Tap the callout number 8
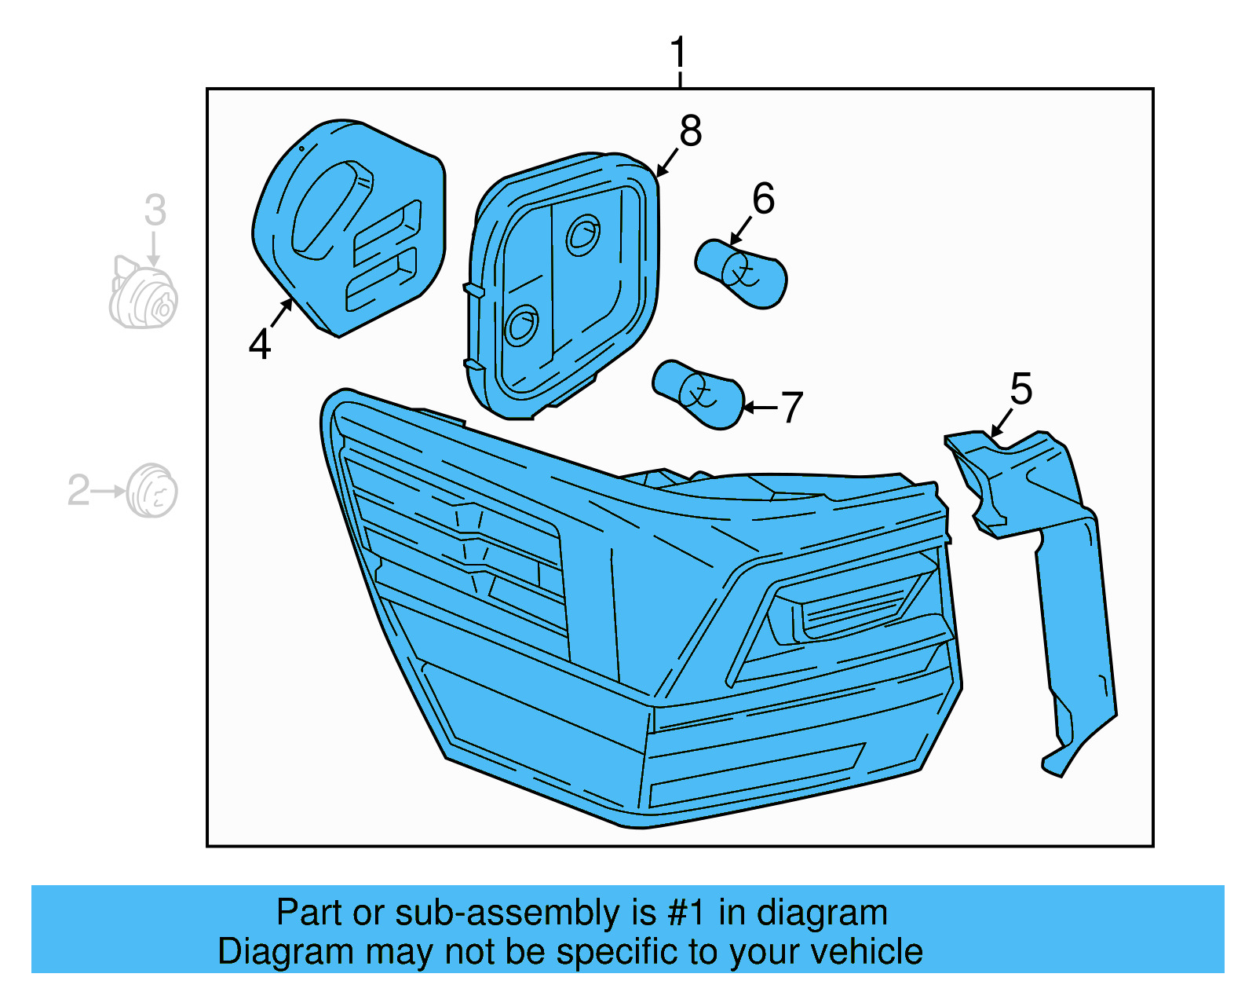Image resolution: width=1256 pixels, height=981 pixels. pyautogui.click(x=690, y=131)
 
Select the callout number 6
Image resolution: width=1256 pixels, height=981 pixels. pyautogui.click(x=763, y=199)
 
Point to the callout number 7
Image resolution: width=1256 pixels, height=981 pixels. pyautogui.click(x=791, y=408)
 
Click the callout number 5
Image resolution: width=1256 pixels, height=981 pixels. pyautogui.click(x=1020, y=390)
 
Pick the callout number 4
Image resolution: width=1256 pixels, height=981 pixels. pyautogui.click(x=260, y=344)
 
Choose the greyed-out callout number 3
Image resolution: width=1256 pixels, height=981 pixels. pyautogui.click(x=155, y=210)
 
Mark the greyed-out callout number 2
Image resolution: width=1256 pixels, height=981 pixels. pyautogui.click(x=78, y=490)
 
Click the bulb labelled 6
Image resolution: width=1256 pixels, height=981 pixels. pyautogui.click(x=741, y=273)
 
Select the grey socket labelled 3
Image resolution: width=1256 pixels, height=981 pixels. pyautogui.click(x=143, y=296)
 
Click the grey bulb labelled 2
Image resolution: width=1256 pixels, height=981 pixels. pyautogui.click(x=152, y=491)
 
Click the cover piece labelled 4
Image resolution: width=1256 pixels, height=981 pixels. pyautogui.click(x=349, y=228)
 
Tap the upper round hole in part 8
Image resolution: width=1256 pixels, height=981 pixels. pyautogui.click(x=582, y=234)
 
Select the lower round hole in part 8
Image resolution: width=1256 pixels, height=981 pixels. pyautogui.click(x=521, y=324)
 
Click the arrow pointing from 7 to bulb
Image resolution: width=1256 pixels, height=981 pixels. pyautogui.click(x=759, y=407)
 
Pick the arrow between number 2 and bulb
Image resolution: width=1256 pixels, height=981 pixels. pyautogui.click(x=109, y=491)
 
